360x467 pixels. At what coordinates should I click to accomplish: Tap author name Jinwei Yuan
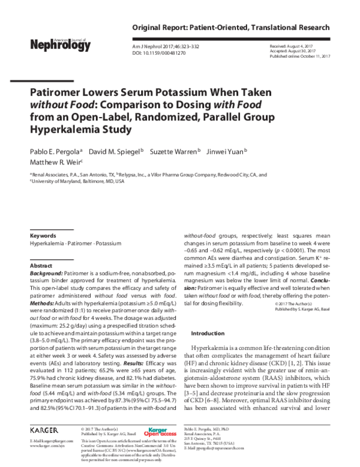point(229,151)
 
